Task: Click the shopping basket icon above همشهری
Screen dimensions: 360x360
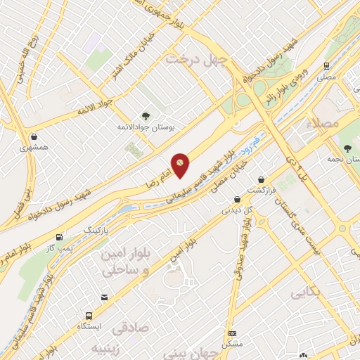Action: (34, 136)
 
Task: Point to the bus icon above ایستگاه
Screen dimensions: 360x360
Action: (89, 316)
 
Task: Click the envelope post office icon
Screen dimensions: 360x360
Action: (104, 298)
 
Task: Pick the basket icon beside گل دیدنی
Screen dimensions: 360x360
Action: (237, 198)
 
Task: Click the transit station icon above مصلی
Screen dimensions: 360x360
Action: (327, 65)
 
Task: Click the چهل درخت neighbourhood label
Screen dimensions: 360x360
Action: (198, 60)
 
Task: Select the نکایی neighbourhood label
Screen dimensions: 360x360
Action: (307, 289)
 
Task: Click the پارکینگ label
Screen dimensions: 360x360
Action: (98, 230)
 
